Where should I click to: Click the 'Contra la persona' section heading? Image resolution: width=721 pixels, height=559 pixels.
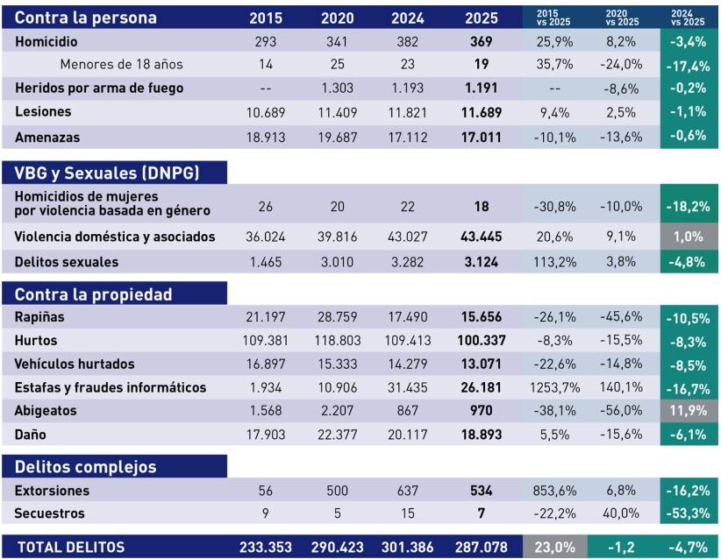(87, 18)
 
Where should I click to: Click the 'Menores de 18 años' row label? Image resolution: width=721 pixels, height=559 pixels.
(110, 64)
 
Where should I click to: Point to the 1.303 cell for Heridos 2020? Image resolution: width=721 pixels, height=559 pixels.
(338, 88)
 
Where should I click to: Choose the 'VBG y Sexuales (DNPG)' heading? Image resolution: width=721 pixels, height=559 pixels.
(108, 173)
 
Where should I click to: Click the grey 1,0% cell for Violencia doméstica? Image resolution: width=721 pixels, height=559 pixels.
(689, 237)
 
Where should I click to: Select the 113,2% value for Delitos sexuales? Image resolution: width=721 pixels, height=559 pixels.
(553, 262)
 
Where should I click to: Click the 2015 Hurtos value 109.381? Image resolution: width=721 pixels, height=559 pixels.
(266, 341)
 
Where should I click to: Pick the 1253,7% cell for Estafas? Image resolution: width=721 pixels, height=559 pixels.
(553, 387)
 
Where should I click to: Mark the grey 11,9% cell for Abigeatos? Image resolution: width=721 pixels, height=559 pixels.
(689, 411)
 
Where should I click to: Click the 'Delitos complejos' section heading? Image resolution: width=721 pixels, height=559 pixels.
(86, 467)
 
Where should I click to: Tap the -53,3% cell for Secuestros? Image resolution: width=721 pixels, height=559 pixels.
(689, 513)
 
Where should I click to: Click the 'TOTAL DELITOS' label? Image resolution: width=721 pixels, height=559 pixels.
(71, 547)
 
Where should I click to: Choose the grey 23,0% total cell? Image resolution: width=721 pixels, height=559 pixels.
(553, 547)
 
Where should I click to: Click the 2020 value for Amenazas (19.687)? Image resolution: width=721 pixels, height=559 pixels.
(338, 138)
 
